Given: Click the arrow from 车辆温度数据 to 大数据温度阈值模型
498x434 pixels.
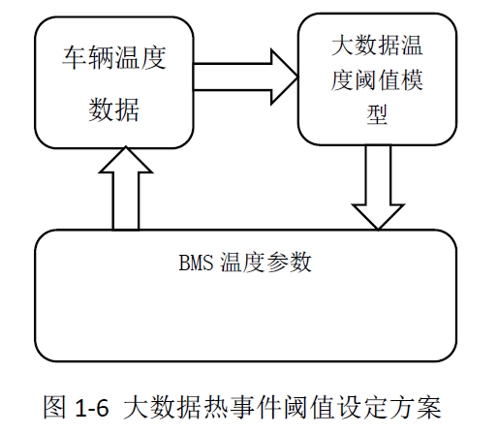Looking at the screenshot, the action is [245, 77].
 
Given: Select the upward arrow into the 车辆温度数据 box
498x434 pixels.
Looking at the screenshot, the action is [126, 188].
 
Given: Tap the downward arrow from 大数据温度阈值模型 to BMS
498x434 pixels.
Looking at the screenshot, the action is [378, 187].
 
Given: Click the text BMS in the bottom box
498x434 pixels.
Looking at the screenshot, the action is [196, 263].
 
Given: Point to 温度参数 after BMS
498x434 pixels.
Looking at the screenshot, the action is [265, 263].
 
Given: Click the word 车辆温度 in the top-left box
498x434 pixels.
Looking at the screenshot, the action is [114, 58].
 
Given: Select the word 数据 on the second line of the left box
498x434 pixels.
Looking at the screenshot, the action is [114, 109].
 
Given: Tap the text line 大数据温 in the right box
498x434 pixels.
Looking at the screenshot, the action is [377, 46].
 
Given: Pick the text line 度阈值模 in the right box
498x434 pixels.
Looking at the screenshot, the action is [377, 79].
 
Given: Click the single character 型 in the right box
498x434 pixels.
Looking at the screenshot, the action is [377, 114].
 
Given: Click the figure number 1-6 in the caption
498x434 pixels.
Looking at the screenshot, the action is [92, 408].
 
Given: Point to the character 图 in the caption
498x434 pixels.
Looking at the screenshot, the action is [55, 407].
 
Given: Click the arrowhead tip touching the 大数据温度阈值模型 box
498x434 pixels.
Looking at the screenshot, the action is [298, 77].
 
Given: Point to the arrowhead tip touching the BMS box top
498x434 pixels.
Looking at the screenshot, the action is [378, 230].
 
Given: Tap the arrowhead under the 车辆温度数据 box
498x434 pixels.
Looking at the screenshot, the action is [126, 147].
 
